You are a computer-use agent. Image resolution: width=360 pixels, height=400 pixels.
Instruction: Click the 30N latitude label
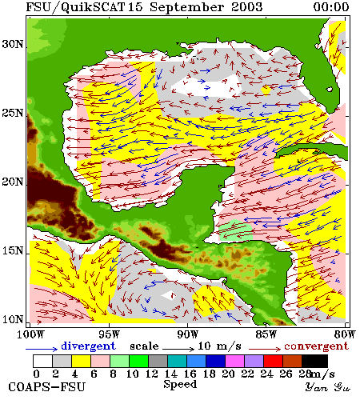tap(12, 44)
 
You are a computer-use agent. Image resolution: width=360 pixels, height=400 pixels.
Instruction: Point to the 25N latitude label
tap(12, 113)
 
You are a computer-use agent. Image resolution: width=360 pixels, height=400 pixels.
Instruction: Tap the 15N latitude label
tap(12, 250)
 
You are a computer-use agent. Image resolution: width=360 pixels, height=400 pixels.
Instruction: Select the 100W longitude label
tap(30, 334)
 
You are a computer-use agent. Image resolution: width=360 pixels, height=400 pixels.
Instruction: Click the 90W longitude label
tap(188, 334)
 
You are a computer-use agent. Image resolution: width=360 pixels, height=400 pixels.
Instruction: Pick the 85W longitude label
tap(266, 334)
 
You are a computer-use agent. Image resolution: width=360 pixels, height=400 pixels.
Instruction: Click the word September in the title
tap(186, 7)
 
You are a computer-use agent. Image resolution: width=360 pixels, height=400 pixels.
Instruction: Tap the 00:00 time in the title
tap(331, 7)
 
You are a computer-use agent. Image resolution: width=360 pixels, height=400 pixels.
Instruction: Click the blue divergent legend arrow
tap(42, 349)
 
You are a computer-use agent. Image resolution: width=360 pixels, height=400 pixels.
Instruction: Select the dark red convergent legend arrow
tap(265, 349)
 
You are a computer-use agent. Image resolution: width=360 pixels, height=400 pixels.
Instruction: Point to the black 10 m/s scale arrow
tap(178, 349)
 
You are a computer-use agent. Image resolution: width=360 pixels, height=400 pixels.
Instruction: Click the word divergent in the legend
tap(89, 346)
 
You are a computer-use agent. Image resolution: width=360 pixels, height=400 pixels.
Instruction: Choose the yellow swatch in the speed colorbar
tap(81, 361)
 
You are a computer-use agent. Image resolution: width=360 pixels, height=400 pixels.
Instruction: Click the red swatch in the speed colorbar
tap(273, 361)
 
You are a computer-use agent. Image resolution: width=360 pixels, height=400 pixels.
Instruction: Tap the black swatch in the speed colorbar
tap(314, 361)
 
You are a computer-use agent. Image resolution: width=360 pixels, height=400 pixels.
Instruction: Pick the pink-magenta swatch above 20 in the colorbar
tap(235, 361)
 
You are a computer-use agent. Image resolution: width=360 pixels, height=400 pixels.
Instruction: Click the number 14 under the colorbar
tap(171, 374)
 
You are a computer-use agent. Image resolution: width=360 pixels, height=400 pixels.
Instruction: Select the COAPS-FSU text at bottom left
tap(47, 387)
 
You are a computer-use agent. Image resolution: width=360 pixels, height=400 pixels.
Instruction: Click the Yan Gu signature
tap(328, 387)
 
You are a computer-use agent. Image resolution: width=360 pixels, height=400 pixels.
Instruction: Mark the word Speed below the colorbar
tap(180, 385)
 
